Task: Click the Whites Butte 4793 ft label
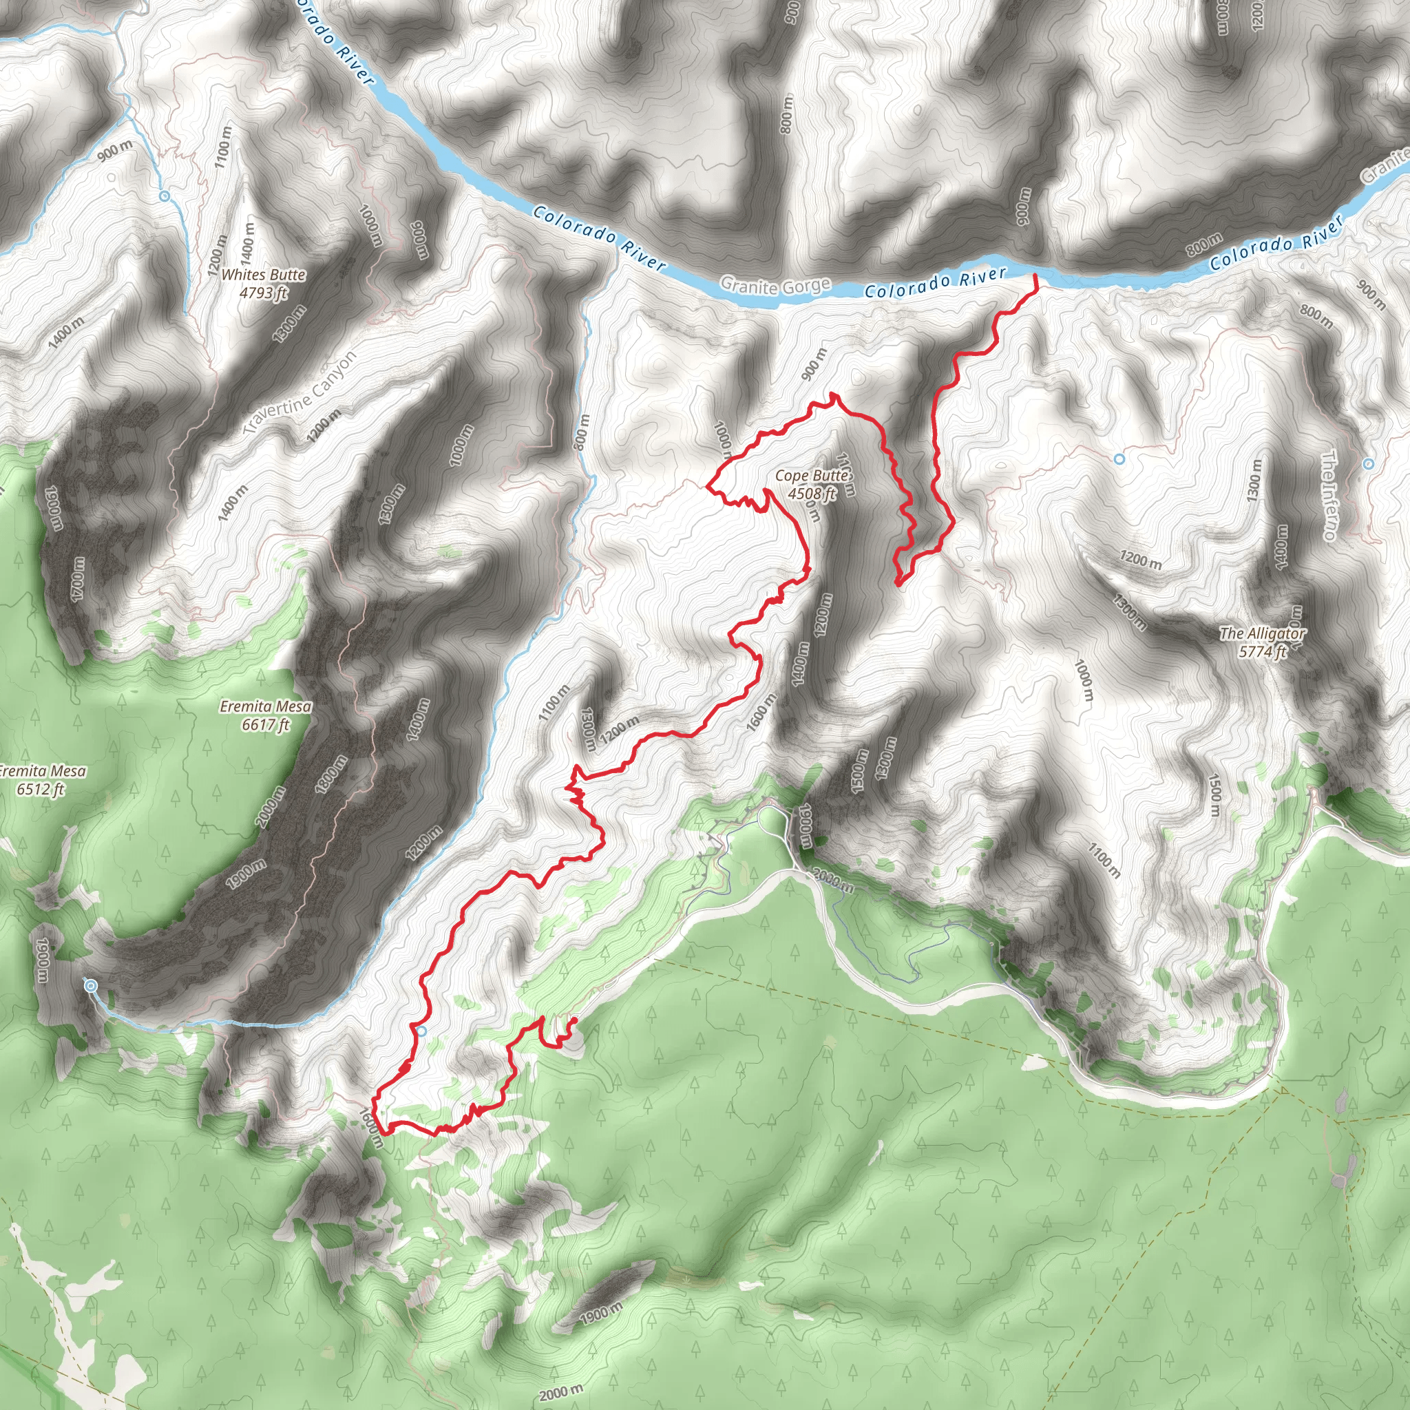coord(263,283)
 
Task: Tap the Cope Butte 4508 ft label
coord(812,484)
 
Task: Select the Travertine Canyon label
coord(301,392)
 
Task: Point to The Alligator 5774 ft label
coord(1263,642)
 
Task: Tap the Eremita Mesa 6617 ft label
coord(266,715)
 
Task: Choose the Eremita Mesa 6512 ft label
coord(42,779)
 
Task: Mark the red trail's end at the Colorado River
coord(1035,276)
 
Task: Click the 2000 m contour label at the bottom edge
coord(561,1393)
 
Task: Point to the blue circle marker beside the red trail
coord(422,1031)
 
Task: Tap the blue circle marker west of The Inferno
coord(1119,459)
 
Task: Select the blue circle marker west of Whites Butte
coord(165,196)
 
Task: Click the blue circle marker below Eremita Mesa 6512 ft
coord(90,986)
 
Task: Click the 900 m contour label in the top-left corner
coord(115,150)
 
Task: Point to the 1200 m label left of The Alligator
coord(1141,560)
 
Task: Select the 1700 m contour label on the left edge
coord(78,580)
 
